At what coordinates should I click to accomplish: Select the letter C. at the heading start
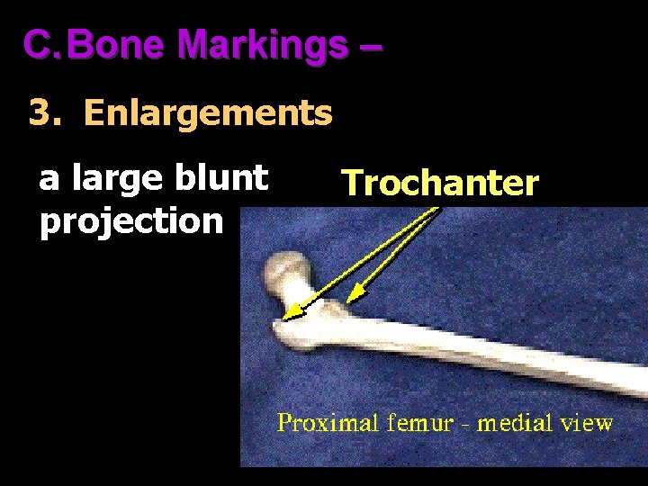click(x=40, y=44)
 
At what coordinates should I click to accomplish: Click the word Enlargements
click(x=208, y=114)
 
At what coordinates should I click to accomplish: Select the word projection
click(x=130, y=220)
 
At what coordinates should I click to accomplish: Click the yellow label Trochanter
click(x=440, y=184)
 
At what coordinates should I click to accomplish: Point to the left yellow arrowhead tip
click(x=285, y=317)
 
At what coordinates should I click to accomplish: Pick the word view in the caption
click(x=588, y=422)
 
